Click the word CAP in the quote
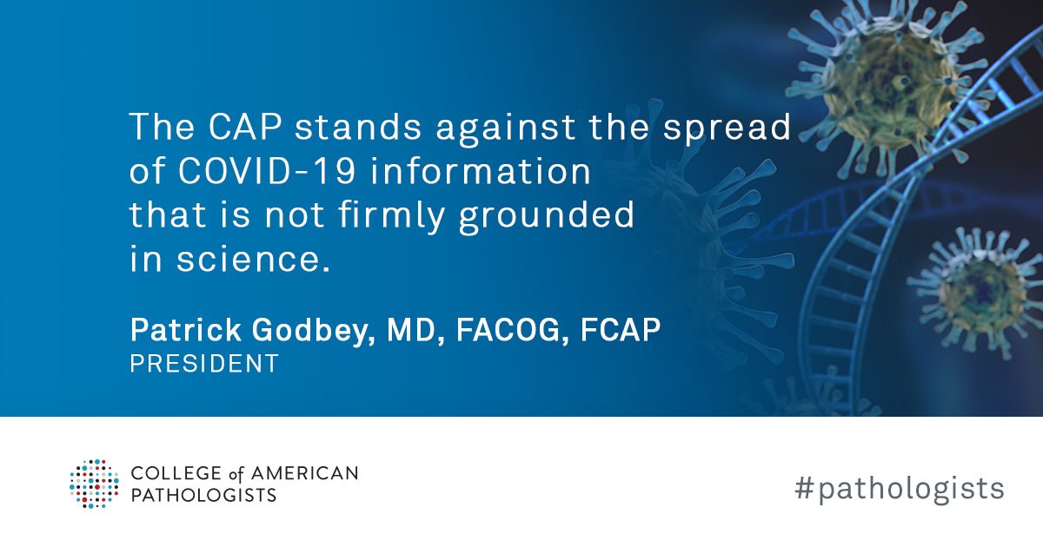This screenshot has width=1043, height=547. click(x=245, y=127)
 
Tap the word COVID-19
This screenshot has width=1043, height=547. click(x=266, y=171)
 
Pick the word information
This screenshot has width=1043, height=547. click(x=481, y=171)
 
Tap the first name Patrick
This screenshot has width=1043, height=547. click(x=186, y=330)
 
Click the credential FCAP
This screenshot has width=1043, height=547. click(x=621, y=330)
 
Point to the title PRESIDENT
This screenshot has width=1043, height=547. click(x=204, y=363)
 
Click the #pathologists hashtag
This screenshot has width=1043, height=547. click(x=899, y=489)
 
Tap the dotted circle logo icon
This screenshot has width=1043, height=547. click(x=95, y=484)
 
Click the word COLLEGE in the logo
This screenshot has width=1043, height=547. click(x=176, y=473)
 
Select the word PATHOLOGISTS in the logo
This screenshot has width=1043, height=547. click(x=204, y=495)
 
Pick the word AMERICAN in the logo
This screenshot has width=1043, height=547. click(x=305, y=473)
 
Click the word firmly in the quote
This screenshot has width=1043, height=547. click(x=391, y=216)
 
